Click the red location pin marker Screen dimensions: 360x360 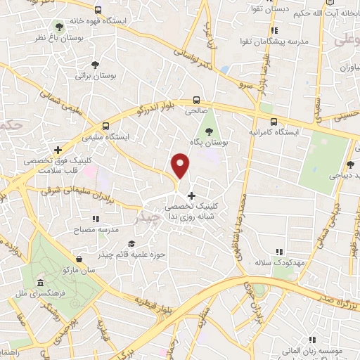click(181, 166)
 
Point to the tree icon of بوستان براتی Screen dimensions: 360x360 click(92, 64)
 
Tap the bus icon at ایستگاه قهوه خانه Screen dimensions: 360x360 click(97, 11)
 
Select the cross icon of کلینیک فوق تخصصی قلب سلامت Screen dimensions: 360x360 click(57, 150)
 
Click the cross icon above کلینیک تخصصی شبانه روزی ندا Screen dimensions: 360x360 click(191, 195)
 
